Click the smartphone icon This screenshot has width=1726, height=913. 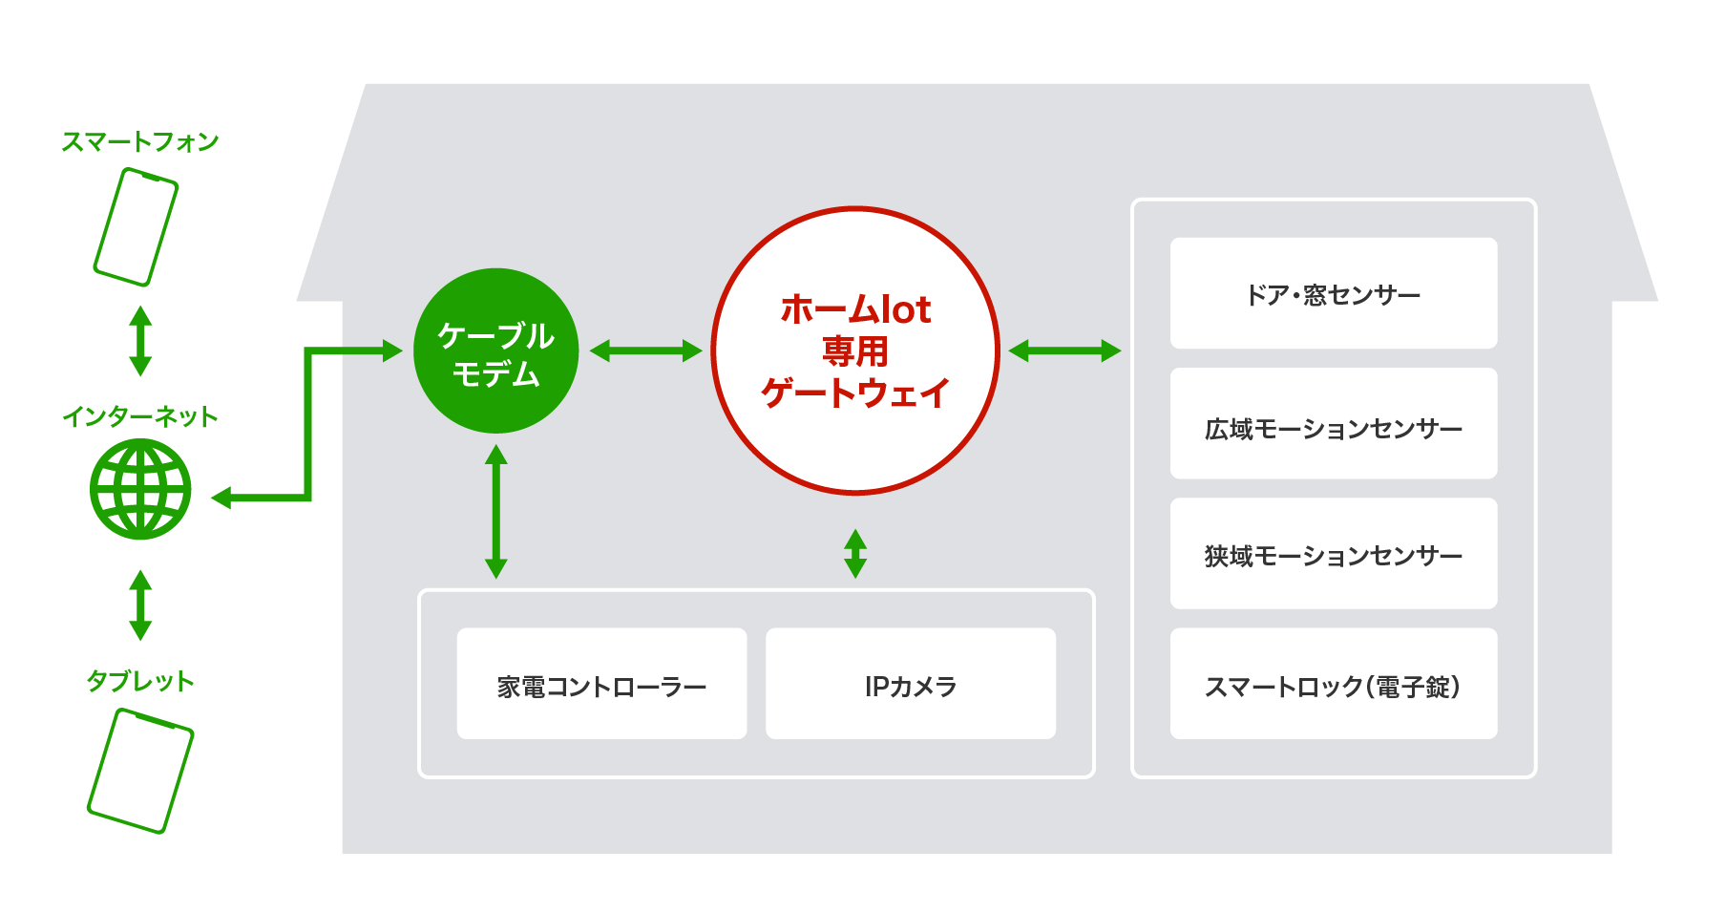click(136, 227)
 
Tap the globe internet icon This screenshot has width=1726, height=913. click(140, 489)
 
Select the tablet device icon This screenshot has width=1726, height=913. click(140, 770)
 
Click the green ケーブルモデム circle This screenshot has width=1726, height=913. click(495, 351)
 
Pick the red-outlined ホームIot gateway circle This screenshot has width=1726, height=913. click(855, 350)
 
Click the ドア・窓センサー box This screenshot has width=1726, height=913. click(1333, 293)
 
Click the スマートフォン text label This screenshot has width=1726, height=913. click(140, 142)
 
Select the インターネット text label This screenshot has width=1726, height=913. click(140, 416)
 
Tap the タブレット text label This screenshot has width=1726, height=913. click(140, 681)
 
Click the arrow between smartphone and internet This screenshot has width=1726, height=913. click(140, 341)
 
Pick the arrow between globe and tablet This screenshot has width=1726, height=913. click(140, 605)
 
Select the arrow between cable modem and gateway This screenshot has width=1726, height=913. click(645, 351)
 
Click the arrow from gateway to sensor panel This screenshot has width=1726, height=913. click(1064, 351)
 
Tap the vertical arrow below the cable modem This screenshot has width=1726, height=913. click(495, 512)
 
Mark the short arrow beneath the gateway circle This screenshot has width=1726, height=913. click(855, 554)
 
